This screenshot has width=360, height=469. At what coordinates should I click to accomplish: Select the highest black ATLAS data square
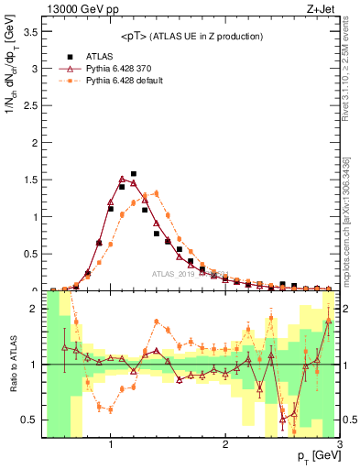click(134, 173)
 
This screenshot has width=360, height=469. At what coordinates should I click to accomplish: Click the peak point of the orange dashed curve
click(157, 192)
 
